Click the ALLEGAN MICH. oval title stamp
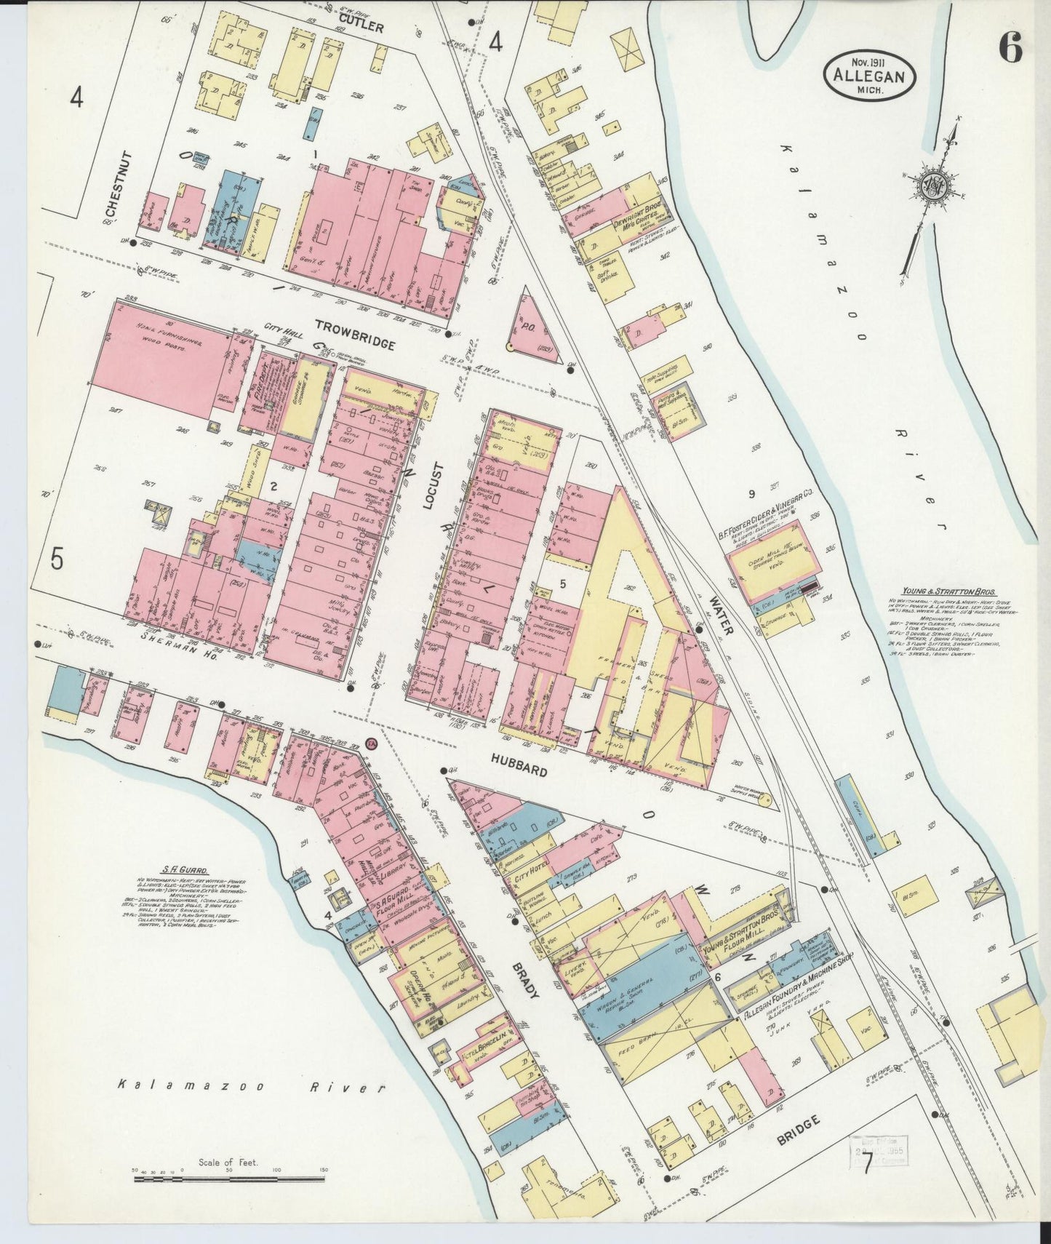869,75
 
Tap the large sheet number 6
1010,48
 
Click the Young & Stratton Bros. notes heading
948,592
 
